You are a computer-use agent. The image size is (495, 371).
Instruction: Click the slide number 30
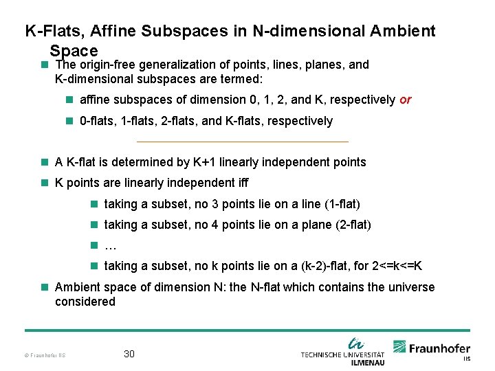pyautogui.click(x=129, y=355)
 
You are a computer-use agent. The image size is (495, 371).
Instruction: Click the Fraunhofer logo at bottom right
pyautogui.click(x=432, y=348)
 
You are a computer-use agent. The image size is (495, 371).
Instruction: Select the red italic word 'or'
pyautogui.click(x=405, y=100)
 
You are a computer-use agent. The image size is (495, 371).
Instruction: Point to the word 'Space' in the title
pyautogui.click(x=74, y=51)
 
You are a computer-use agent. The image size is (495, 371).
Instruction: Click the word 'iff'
pyautogui.click(x=241, y=183)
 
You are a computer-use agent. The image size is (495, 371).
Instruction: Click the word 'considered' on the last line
pyautogui.click(x=85, y=302)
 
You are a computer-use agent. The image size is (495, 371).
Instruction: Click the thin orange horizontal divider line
pyautogui.click(x=243, y=142)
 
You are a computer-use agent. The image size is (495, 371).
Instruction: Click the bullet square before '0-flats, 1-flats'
pyautogui.click(x=69, y=121)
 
